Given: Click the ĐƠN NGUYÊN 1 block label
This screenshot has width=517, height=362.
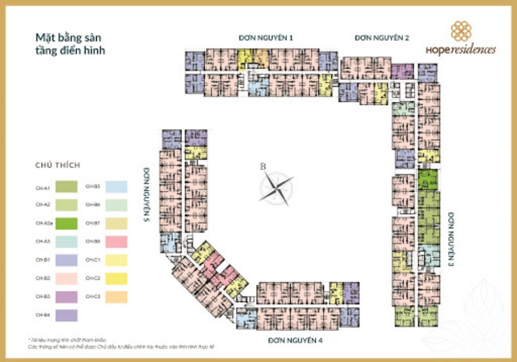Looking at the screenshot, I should (266, 38).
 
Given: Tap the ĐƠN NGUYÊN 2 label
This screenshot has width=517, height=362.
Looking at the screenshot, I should (382, 38).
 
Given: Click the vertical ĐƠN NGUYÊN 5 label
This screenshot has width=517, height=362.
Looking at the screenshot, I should (147, 194).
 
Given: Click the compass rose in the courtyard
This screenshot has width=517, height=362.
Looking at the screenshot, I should (276, 187).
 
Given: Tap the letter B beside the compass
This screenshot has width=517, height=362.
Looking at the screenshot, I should (263, 167).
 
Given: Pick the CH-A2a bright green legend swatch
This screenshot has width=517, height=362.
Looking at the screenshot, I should (65, 223).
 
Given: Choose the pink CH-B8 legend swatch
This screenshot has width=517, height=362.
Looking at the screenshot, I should (115, 242).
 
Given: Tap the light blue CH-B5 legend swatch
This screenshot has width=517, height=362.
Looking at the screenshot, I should (115, 186).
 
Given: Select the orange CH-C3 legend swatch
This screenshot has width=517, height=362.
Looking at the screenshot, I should (115, 297).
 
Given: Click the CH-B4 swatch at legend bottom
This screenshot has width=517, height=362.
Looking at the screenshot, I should (65, 315).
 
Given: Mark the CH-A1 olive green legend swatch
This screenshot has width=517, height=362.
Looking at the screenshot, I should (65, 186).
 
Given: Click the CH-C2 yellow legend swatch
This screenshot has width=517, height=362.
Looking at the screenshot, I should (115, 278).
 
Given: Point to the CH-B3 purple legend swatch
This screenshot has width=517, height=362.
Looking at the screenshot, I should (65, 297).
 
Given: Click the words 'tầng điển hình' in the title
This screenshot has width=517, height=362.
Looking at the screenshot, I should (70, 51).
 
